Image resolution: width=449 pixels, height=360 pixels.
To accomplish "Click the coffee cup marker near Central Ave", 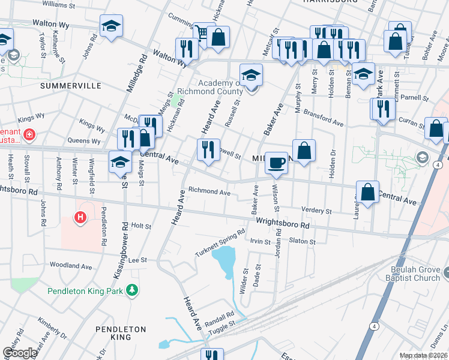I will tap(276, 163).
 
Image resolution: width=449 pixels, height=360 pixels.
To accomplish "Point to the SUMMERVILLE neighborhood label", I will tap(71, 86).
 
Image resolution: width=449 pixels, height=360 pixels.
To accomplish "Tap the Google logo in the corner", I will tap(19, 353).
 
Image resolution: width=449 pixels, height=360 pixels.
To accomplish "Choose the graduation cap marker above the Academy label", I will tap(252, 76).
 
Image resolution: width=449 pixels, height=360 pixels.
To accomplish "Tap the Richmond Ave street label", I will tap(209, 193).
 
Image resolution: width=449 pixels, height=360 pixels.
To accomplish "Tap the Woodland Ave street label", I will tap(70, 265).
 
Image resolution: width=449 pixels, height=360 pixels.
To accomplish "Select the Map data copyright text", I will tap(423, 355).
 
